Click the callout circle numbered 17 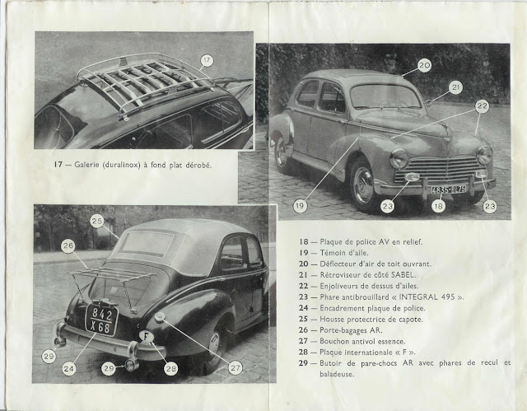(206, 59)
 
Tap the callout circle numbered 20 (424, 64)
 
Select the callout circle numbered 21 (455, 86)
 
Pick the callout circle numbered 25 (97, 221)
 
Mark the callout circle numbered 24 (69, 369)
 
